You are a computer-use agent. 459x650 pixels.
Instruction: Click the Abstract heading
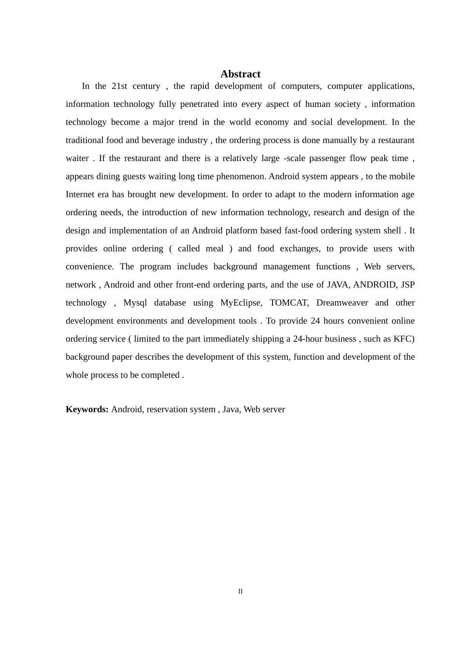coord(240,74)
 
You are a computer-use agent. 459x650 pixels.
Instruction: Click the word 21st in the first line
coord(119,86)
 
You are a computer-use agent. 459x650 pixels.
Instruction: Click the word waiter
coord(77,158)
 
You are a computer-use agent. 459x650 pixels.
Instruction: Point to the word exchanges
coord(300,249)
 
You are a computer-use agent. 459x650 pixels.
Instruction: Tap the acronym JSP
coord(408,284)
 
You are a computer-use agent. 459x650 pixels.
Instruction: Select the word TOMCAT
coord(289,303)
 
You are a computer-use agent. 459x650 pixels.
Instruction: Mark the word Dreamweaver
coord(342,303)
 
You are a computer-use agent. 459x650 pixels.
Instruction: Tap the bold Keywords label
coord(87,409)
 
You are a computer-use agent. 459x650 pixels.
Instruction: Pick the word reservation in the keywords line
coord(168,409)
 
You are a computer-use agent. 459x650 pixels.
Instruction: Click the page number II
coord(240,591)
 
